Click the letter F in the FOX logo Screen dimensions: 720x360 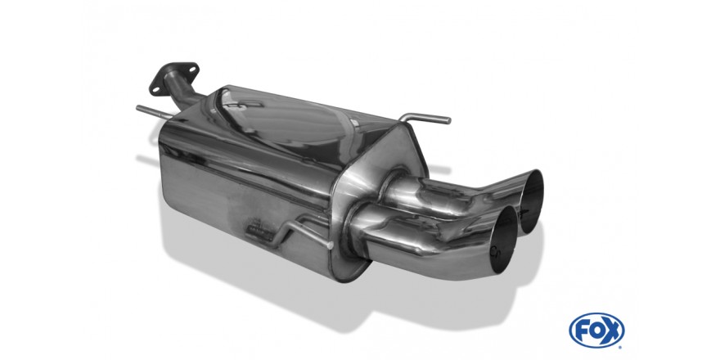(x=581, y=330)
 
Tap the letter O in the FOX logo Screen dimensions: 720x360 (x=596, y=330)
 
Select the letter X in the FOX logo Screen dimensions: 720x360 (x=613, y=330)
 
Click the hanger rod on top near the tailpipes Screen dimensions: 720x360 (x=425, y=118)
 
